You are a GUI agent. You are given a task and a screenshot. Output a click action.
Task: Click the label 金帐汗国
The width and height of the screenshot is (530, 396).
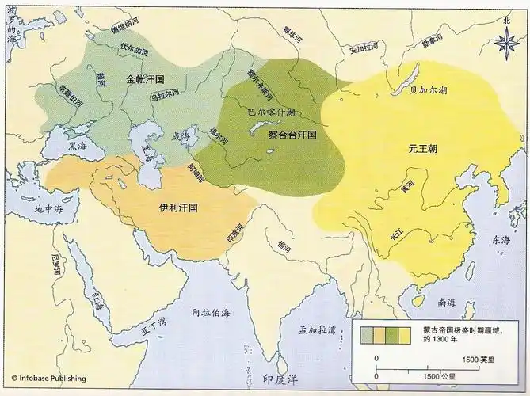[144, 79]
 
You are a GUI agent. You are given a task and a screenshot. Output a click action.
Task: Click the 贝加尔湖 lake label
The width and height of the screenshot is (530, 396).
[429, 90]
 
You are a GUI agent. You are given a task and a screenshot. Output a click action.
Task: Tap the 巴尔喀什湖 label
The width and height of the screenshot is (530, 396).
[271, 112]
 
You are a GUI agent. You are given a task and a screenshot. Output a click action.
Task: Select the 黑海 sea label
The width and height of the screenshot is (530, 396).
[77, 147]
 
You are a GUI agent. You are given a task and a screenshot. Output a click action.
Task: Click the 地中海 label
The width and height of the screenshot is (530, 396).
[49, 210]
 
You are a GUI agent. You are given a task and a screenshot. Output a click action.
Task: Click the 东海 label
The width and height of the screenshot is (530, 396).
[500, 239]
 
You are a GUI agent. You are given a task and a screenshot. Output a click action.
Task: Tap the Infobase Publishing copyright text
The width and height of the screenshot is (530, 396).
[47, 379]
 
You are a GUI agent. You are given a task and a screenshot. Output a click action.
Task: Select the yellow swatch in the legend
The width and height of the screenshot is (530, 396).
[404, 336]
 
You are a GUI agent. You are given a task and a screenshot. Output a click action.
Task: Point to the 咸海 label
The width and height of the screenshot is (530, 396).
[181, 135]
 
